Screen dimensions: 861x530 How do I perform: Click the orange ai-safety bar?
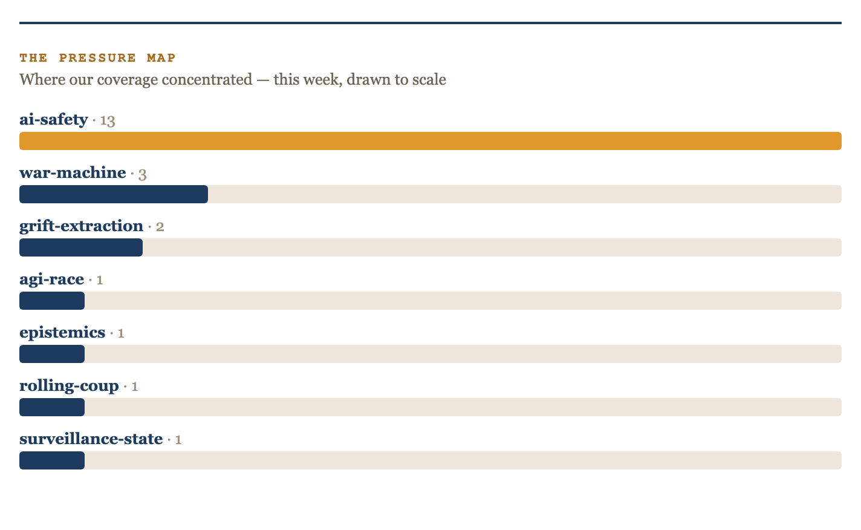(431, 141)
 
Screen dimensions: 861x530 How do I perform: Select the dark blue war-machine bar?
(114, 194)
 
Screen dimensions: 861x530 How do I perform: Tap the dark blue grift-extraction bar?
(81, 247)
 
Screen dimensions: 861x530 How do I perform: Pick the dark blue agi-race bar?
(52, 301)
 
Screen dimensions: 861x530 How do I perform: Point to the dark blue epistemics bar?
(52, 354)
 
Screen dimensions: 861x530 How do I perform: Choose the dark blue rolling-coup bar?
(52, 407)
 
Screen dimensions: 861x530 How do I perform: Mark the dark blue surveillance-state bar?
(52, 460)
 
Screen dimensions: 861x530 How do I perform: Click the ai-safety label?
(54, 120)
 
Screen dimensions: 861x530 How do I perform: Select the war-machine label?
(73, 172)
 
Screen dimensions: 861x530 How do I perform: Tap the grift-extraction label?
(82, 226)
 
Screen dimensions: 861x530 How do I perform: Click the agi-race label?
(52, 280)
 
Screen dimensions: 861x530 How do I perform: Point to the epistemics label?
(62, 333)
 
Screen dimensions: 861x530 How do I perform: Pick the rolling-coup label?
(69, 386)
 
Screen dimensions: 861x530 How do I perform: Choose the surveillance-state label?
(91, 439)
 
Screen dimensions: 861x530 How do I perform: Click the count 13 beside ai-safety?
(108, 121)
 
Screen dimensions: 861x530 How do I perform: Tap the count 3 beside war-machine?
(143, 174)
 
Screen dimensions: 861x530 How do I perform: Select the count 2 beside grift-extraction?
(160, 227)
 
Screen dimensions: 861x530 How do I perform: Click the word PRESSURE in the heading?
(97, 57)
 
